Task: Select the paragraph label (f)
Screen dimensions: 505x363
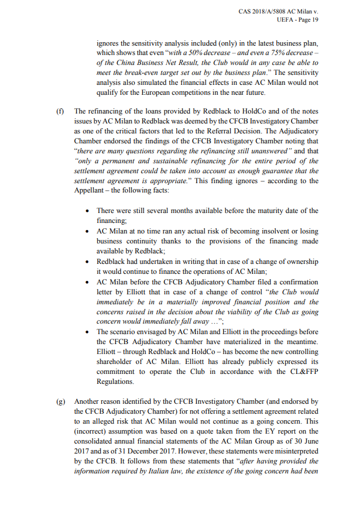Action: click(60, 111)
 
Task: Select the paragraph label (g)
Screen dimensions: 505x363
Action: click(60, 401)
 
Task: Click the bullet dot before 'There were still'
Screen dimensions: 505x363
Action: click(87, 211)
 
